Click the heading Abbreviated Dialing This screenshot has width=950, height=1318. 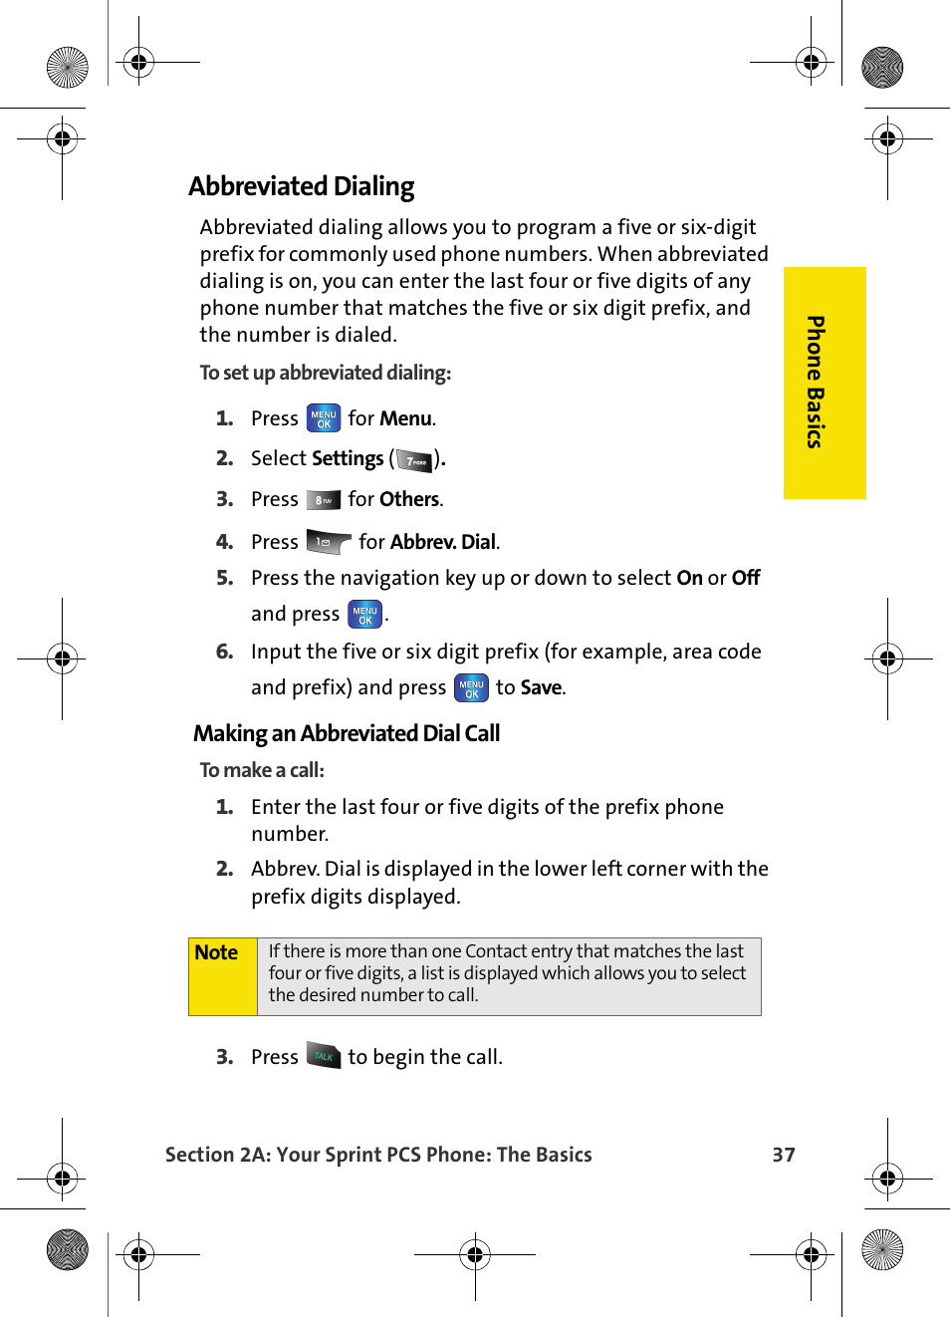point(301,186)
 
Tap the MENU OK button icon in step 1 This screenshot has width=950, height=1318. point(324,418)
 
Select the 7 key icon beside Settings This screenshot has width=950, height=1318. point(415,460)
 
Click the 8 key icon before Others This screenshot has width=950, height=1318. point(324,500)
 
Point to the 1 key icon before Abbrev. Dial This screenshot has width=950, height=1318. point(328,542)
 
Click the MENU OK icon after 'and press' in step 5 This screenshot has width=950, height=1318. point(364,615)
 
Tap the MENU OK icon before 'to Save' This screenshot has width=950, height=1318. point(471,688)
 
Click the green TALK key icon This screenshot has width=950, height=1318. point(324,1056)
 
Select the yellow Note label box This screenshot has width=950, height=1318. point(223,976)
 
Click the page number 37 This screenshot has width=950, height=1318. point(784,1155)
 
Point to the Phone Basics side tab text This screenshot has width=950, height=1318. point(816,383)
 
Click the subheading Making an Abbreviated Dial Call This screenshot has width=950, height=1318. point(347,734)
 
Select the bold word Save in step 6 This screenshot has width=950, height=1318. point(541,688)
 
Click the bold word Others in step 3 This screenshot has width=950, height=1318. point(408,500)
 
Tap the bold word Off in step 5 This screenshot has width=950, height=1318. point(746,579)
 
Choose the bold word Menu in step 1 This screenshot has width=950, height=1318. point(405,419)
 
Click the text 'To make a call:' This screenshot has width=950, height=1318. point(262,770)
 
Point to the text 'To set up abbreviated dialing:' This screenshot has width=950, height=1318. point(325,373)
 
